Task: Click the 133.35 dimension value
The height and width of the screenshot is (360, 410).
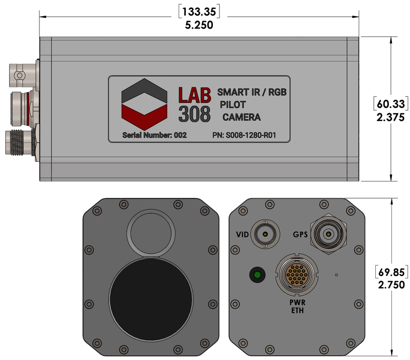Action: pyautogui.click(x=199, y=12)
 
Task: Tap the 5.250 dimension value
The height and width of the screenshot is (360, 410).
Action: pyautogui.click(x=199, y=25)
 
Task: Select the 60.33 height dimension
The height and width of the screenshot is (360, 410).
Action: pyautogui.click(x=391, y=104)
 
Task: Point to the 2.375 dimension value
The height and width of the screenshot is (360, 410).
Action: pyautogui.click(x=391, y=117)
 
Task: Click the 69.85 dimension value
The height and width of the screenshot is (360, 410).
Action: pyautogui.click(x=391, y=272)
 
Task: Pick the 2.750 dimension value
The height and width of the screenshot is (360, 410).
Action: pyautogui.click(x=391, y=284)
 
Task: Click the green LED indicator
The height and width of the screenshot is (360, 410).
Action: pyautogui.click(x=257, y=275)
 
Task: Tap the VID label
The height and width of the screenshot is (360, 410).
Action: pyautogui.click(x=242, y=234)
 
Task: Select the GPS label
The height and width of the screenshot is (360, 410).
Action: pyautogui.click(x=300, y=234)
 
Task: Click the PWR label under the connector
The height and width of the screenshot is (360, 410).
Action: pyautogui.click(x=297, y=303)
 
